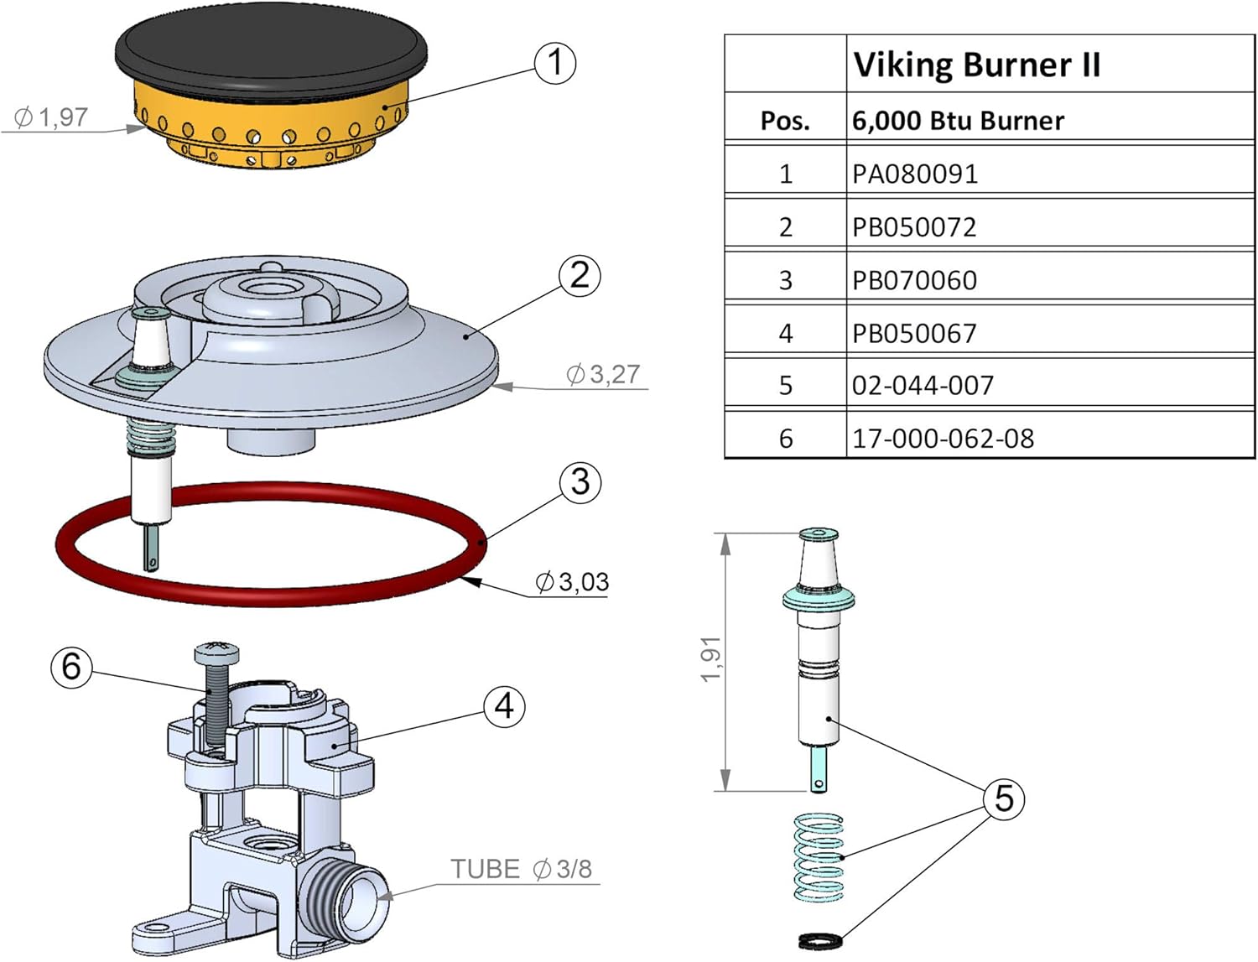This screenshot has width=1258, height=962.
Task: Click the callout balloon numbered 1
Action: (x=555, y=63)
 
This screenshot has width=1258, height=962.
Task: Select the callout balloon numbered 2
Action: (x=580, y=275)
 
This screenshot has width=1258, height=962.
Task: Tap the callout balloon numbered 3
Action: (x=580, y=482)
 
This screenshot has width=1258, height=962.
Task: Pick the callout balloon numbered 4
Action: (x=504, y=706)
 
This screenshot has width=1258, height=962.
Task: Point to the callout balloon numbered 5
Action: (x=1004, y=798)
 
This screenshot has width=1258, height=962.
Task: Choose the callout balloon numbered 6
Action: (x=71, y=667)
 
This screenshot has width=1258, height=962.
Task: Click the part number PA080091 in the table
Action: (x=915, y=174)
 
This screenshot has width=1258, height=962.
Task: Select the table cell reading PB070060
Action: (x=914, y=280)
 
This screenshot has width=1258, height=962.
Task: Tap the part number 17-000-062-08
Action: (x=943, y=438)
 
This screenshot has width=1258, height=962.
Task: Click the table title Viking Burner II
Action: (x=976, y=65)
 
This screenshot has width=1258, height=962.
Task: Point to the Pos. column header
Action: (x=785, y=121)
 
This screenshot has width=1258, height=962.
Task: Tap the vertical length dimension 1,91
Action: (x=710, y=659)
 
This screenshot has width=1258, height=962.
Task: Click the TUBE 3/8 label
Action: (x=521, y=869)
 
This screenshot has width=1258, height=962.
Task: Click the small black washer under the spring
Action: (x=819, y=942)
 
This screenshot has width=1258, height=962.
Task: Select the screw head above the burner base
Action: (x=216, y=651)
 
